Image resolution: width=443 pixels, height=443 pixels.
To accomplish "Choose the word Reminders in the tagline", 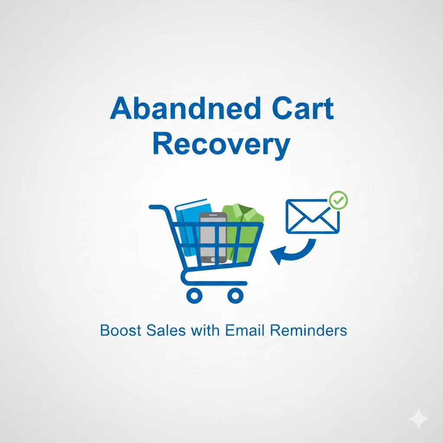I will click(x=308, y=331).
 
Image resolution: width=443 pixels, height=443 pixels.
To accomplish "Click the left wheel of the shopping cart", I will click(x=194, y=295).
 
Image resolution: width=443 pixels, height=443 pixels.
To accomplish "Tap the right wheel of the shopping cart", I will click(x=235, y=295).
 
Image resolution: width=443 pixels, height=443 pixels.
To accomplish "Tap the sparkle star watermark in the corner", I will click(x=418, y=418).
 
